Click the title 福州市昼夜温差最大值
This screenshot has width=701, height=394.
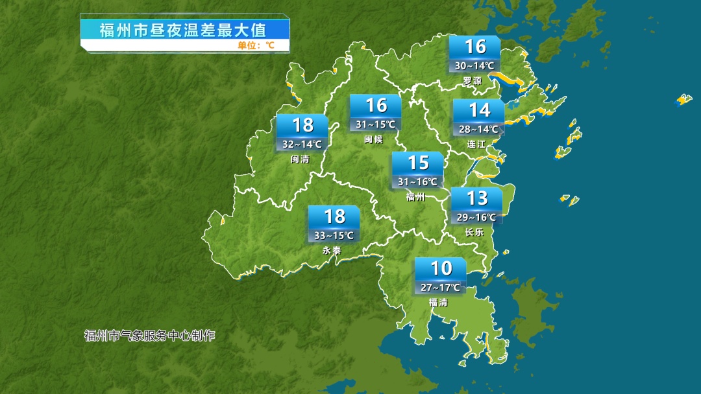184,30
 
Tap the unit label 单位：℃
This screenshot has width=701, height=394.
255,45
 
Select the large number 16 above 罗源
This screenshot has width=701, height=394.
475,47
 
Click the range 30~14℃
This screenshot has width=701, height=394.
474,65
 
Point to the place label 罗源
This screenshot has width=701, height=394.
473,81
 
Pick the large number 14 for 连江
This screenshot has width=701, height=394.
479,110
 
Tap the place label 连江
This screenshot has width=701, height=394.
477,144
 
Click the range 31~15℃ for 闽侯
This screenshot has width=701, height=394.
375,124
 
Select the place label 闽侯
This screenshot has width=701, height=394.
373,139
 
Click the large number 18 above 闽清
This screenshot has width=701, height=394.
302,124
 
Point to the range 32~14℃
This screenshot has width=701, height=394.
302,144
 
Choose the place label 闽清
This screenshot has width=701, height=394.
300,159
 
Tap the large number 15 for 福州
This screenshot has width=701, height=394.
418,163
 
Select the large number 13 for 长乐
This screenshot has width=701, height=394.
477,198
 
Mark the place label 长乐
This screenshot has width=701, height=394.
474,232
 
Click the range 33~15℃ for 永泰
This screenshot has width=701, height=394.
334,235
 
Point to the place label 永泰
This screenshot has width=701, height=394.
332,250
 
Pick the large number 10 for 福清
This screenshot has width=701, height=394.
441,268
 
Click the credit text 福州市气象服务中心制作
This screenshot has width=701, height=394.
149,336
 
